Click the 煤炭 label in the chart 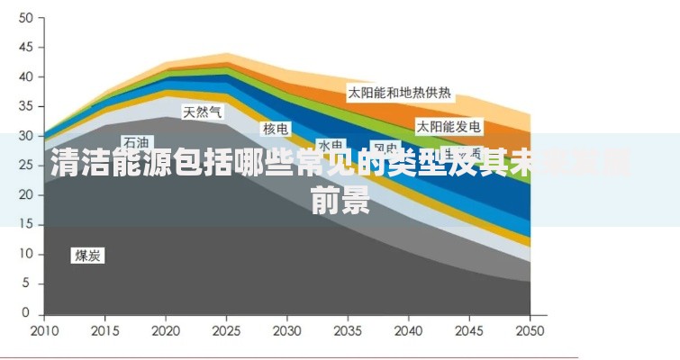[x=88, y=256]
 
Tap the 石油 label [x=137, y=142]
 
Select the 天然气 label [x=203, y=112]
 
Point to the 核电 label [x=276, y=129]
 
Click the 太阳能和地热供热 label [x=400, y=93]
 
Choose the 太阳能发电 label [x=448, y=126]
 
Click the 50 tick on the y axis [x=25, y=18]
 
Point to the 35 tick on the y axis [x=25, y=106]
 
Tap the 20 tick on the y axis [x=25, y=194]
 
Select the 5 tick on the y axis [x=28, y=283]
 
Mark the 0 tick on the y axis [x=28, y=313]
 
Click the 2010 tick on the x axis [x=43, y=329]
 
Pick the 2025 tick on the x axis [x=226, y=329]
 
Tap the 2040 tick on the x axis [x=409, y=329]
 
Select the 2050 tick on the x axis [x=530, y=329]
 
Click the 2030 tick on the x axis [x=287, y=329]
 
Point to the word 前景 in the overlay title [x=340, y=202]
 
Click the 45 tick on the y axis [x=25, y=47]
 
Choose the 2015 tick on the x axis [x=104, y=329]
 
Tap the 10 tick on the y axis [x=25, y=254]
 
